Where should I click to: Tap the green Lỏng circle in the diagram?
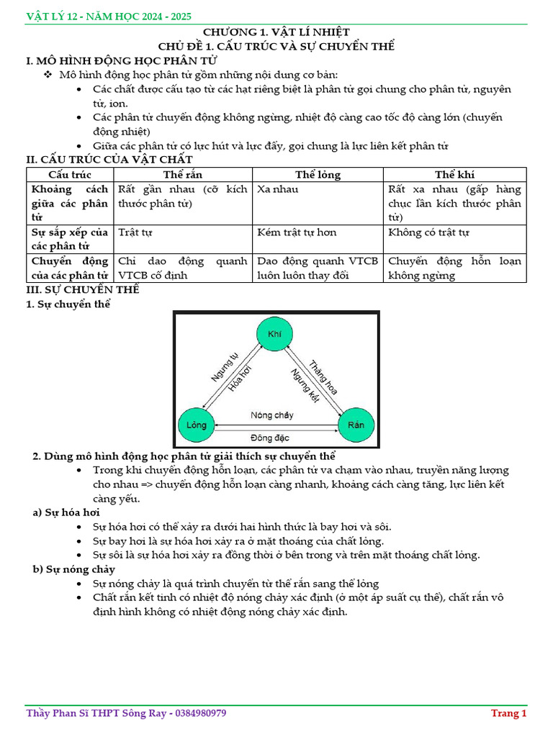(196, 425)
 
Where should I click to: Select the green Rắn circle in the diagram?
(356, 425)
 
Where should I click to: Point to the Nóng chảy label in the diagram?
(272, 415)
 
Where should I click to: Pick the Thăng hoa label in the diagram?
(323, 376)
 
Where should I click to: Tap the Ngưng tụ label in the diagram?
(224, 367)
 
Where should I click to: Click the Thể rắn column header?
(183, 175)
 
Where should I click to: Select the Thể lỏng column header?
(318, 175)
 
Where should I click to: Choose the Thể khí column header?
(454, 175)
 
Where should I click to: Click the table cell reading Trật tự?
(135, 232)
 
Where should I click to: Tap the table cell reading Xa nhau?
(277, 189)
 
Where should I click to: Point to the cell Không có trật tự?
(428, 232)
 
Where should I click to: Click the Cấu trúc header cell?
(70, 175)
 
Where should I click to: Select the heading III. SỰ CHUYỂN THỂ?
(82, 289)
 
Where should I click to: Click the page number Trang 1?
(509, 713)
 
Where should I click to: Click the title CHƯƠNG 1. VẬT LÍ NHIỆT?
(276, 32)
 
